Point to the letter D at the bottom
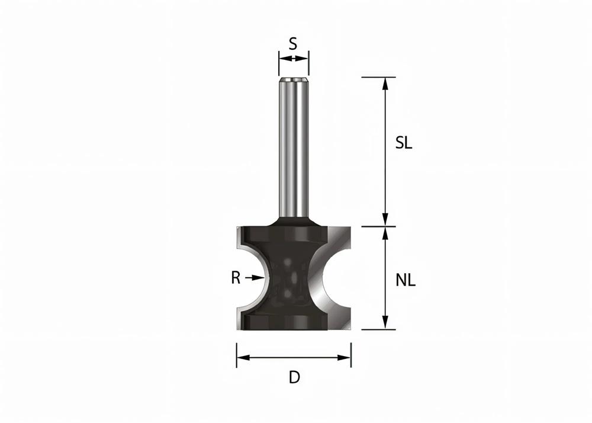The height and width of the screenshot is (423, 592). [294, 377]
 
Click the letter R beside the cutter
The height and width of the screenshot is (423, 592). [236, 277]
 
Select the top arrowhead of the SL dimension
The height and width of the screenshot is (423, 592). [385, 83]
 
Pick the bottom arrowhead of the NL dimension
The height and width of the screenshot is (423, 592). [385, 323]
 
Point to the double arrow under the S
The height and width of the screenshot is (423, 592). [294, 58]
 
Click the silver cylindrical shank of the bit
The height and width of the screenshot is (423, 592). [294, 148]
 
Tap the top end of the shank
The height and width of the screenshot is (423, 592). [294, 79]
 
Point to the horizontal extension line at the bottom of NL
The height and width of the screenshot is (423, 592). [373, 329]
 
